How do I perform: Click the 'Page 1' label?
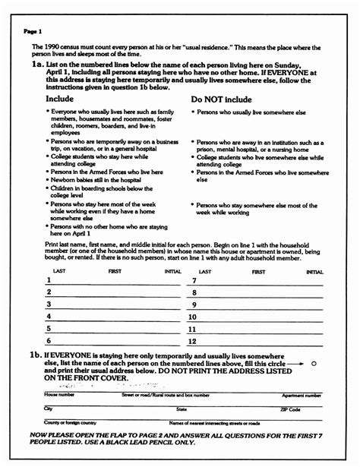point(33,31)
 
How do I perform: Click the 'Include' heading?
point(61,99)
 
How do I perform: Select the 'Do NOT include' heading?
point(222,99)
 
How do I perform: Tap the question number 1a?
point(36,67)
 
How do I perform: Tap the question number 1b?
point(35,355)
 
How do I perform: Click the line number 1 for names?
point(48,279)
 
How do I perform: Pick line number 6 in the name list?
point(49,341)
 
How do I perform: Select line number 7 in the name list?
point(194,280)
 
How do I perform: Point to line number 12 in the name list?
point(193,342)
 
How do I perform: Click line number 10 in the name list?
point(193,317)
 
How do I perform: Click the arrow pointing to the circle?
point(299,364)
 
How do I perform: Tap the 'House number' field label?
point(59,395)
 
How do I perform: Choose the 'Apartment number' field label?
point(302,395)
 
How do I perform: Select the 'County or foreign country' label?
point(71,422)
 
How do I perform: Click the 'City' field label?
point(49,409)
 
